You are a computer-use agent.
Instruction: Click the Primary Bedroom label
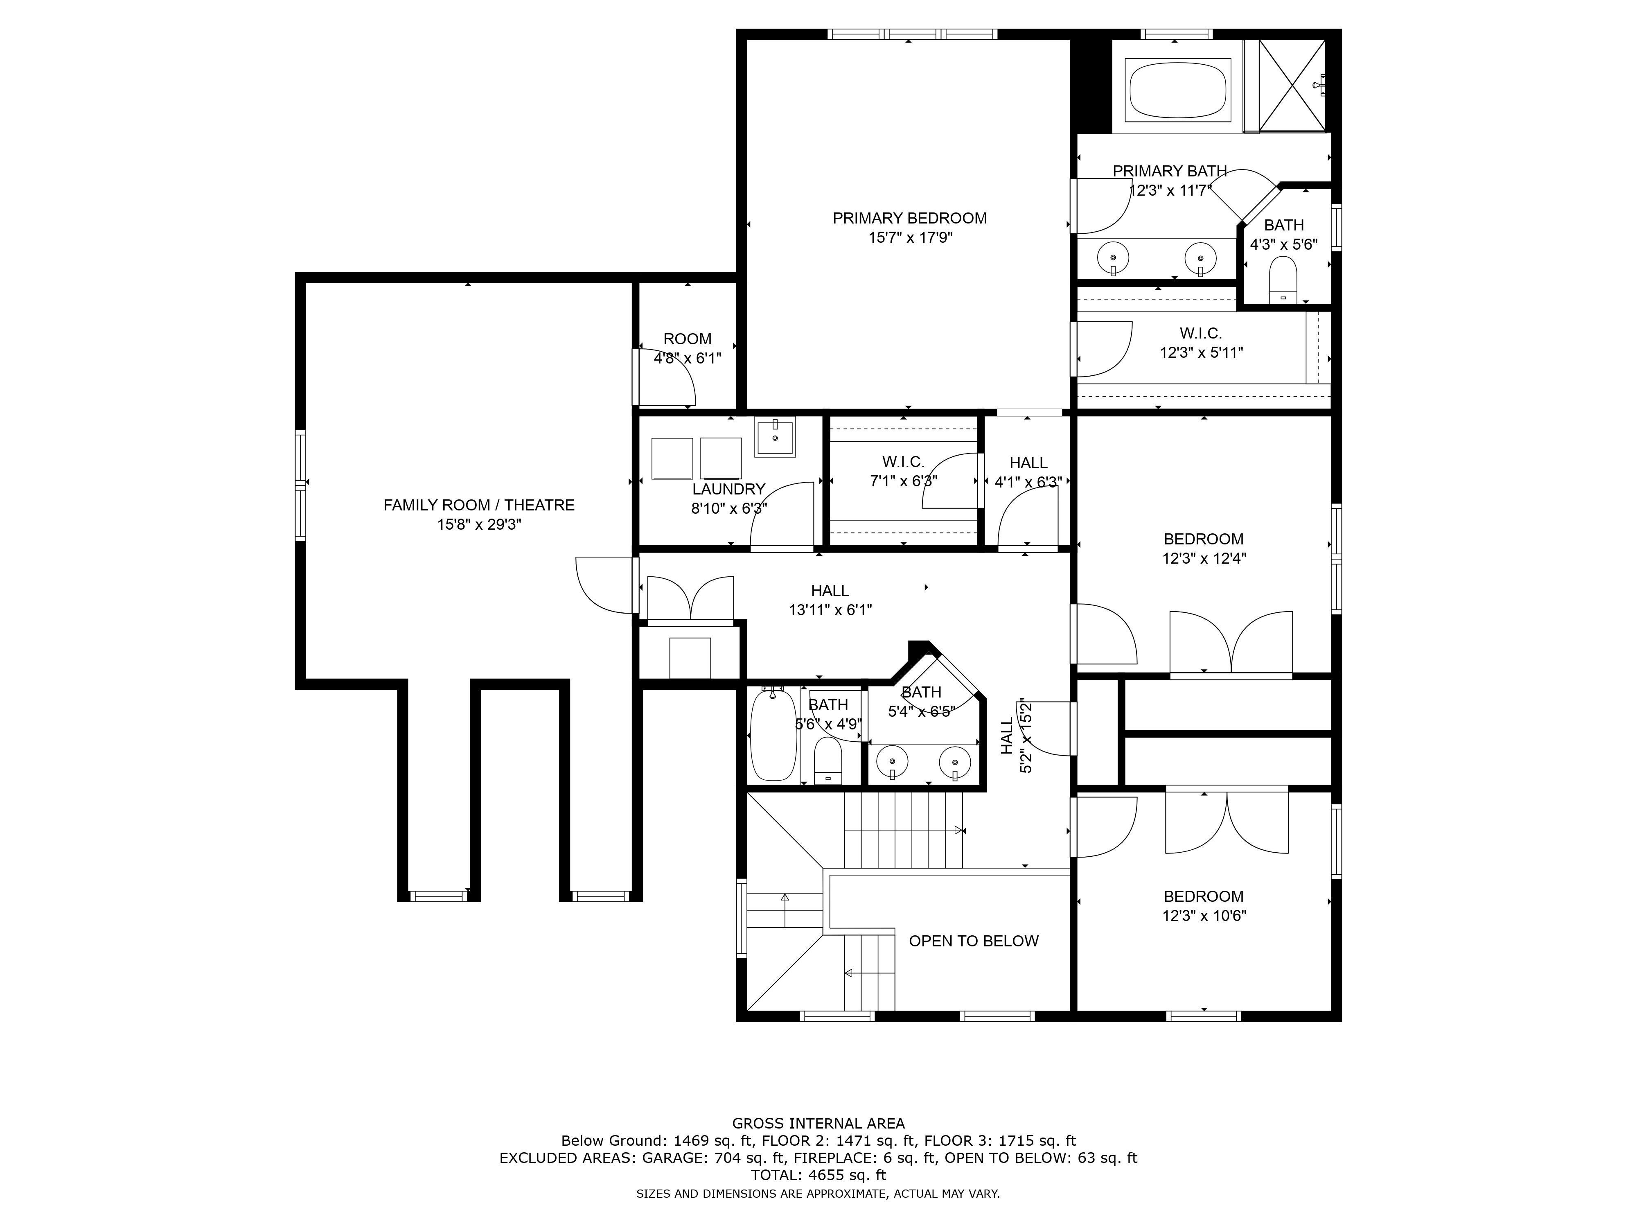coord(909,218)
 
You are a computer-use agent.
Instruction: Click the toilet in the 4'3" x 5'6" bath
coord(1283,280)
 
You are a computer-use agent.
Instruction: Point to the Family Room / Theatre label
coord(479,506)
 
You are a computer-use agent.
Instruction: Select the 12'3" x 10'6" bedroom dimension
coord(1204,916)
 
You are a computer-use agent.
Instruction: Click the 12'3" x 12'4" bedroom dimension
coord(1204,559)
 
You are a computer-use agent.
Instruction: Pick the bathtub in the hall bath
coord(773,734)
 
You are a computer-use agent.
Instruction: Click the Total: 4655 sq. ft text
coord(818,1175)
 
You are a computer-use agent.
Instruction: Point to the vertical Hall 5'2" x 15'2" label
coord(1016,736)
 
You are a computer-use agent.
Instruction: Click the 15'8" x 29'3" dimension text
coord(479,525)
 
